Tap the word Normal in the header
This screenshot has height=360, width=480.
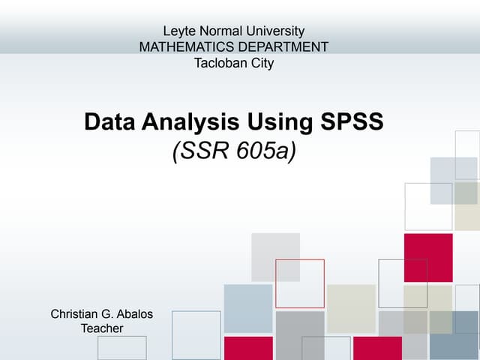coord(217,31)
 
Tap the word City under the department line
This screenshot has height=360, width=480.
coord(260,63)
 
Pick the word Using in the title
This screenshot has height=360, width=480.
coord(277,121)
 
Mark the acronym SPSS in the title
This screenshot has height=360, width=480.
coord(349,121)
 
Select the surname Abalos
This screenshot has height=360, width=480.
coord(136,313)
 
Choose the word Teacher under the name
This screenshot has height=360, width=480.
coord(101,328)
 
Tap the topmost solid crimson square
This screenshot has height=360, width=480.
coord(428,257)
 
